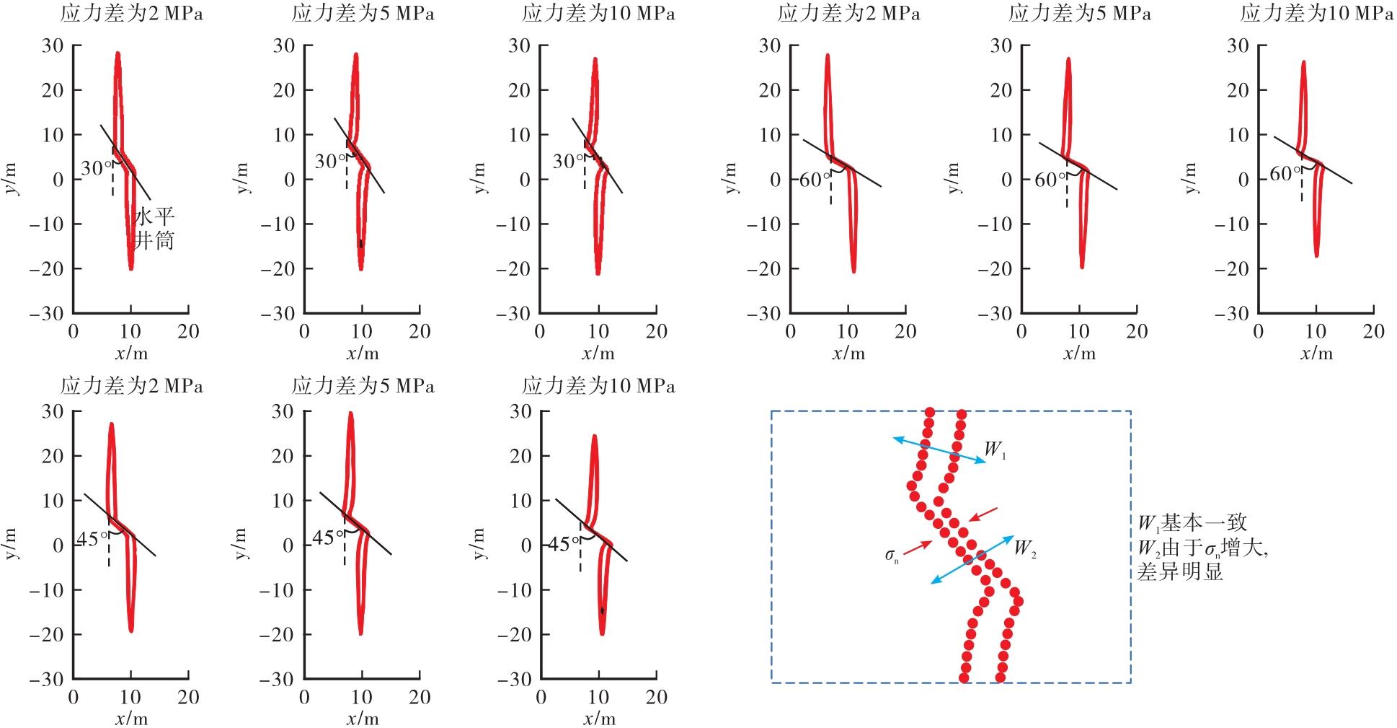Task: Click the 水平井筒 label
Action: click(154, 228)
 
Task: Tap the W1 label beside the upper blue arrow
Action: click(995, 450)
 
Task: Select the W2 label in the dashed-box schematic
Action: click(1025, 548)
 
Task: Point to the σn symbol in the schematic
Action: click(892, 555)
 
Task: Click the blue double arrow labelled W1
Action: click(939, 450)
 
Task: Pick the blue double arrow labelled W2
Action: click(972, 559)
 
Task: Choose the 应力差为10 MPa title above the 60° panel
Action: click(1316, 14)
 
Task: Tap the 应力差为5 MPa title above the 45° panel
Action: click(363, 387)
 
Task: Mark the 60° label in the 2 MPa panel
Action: click(815, 180)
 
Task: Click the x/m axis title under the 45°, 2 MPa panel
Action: click(130, 719)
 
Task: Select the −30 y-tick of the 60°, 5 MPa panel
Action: click(996, 313)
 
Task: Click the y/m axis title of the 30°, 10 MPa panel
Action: click(481, 178)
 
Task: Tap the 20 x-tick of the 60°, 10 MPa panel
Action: click(1374, 331)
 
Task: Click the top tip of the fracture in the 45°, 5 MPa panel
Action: click(350, 413)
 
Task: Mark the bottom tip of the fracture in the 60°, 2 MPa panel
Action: click(854, 271)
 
